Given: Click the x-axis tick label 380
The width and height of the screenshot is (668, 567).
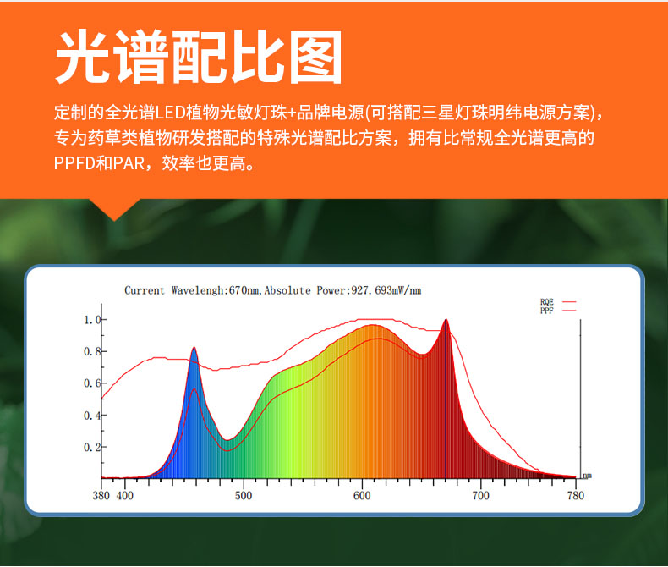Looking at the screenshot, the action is coord(101,496).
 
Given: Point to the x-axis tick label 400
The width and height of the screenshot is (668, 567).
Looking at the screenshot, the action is coord(125,496).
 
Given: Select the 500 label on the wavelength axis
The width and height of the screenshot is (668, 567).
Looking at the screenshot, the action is coord(244,496).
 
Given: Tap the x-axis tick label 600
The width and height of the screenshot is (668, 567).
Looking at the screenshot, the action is coord(362,496).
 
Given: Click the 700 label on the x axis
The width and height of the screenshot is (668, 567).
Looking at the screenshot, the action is coord(480,496).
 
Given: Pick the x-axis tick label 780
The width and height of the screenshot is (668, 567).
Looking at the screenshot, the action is coord(576,496).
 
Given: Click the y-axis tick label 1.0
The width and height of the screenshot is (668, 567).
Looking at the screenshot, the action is coord(92,320).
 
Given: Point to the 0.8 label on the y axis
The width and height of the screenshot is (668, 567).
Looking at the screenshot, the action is coord(92,352).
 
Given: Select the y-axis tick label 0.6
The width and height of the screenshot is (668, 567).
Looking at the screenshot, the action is coord(92,383).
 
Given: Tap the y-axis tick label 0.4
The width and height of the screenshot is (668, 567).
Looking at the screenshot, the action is coord(92,416).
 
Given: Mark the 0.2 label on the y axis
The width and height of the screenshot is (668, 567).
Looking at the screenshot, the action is coord(92,447).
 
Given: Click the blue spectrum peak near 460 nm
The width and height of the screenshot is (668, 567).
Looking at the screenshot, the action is coord(194,348).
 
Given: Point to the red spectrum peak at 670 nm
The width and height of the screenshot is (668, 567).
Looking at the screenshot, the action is coord(446,320).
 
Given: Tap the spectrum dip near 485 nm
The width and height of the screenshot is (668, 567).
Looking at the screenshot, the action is coord(227,440).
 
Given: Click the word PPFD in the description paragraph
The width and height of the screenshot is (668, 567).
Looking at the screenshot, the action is coord(74,163).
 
